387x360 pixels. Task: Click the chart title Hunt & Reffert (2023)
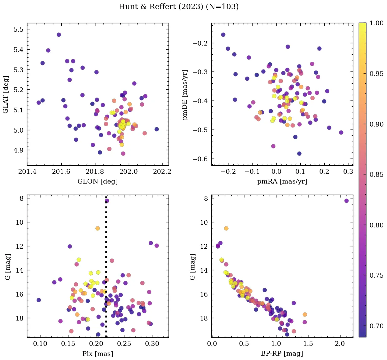tap(179, 7)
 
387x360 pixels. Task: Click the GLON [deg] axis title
tap(98, 182)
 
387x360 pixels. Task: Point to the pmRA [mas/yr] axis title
tap(282, 182)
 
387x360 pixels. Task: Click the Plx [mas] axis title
tap(98, 354)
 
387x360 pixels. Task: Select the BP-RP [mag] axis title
tap(282, 354)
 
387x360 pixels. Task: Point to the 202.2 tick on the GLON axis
tap(162, 171)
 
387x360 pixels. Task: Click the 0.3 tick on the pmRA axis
tap(348, 171)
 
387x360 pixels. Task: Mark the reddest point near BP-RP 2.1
tap(347, 201)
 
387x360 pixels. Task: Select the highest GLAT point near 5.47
tap(59, 35)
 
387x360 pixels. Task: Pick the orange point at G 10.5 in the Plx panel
tap(97, 228)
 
